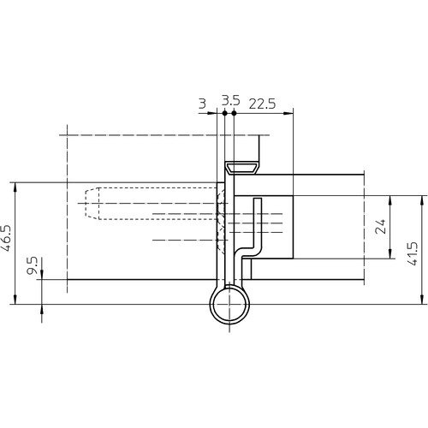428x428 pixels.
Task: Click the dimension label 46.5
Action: tap(7, 238)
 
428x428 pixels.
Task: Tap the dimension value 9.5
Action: tap(32, 265)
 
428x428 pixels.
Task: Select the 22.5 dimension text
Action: tap(262, 104)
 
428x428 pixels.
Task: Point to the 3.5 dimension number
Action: tap(230, 101)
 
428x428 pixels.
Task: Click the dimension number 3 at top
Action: tap(202, 104)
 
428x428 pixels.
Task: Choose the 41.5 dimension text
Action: tap(413, 253)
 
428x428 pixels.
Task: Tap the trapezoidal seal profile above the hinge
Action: tap(242, 168)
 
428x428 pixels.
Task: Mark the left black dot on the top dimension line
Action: tap(224, 113)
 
